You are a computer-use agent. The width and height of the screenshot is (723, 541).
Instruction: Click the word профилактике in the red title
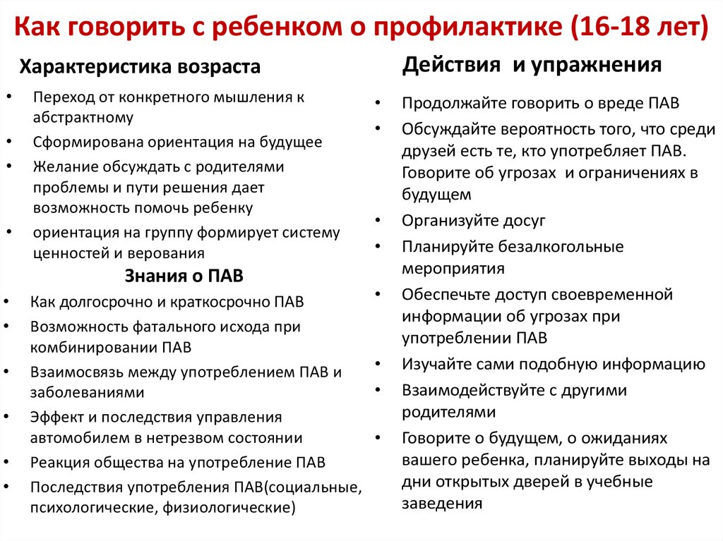[x=467, y=26]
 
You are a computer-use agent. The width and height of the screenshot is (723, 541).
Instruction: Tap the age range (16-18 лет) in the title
[x=639, y=26]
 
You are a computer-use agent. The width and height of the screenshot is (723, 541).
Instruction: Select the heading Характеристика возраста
[x=140, y=67]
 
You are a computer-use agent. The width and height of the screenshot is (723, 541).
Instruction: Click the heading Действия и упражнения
[x=532, y=64]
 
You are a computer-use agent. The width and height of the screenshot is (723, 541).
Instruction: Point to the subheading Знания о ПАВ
[x=184, y=276]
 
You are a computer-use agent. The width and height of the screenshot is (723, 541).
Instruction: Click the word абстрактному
[x=83, y=118]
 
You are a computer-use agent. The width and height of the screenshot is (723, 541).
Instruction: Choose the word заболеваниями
[x=87, y=393]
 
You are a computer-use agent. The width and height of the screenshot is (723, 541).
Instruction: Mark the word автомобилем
[x=80, y=438]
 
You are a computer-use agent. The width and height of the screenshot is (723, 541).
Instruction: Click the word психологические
[x=94, y=507]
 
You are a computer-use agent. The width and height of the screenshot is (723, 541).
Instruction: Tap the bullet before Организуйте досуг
[x=378, y=221]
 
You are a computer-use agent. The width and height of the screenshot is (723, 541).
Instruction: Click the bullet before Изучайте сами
[x=378, y=364]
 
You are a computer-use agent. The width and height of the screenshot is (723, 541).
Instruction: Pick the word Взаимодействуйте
[x=474, y=391]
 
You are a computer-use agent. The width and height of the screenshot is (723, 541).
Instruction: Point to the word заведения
[x=442, y=503]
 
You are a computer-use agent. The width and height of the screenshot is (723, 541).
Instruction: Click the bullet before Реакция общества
[x=7, y=462]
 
